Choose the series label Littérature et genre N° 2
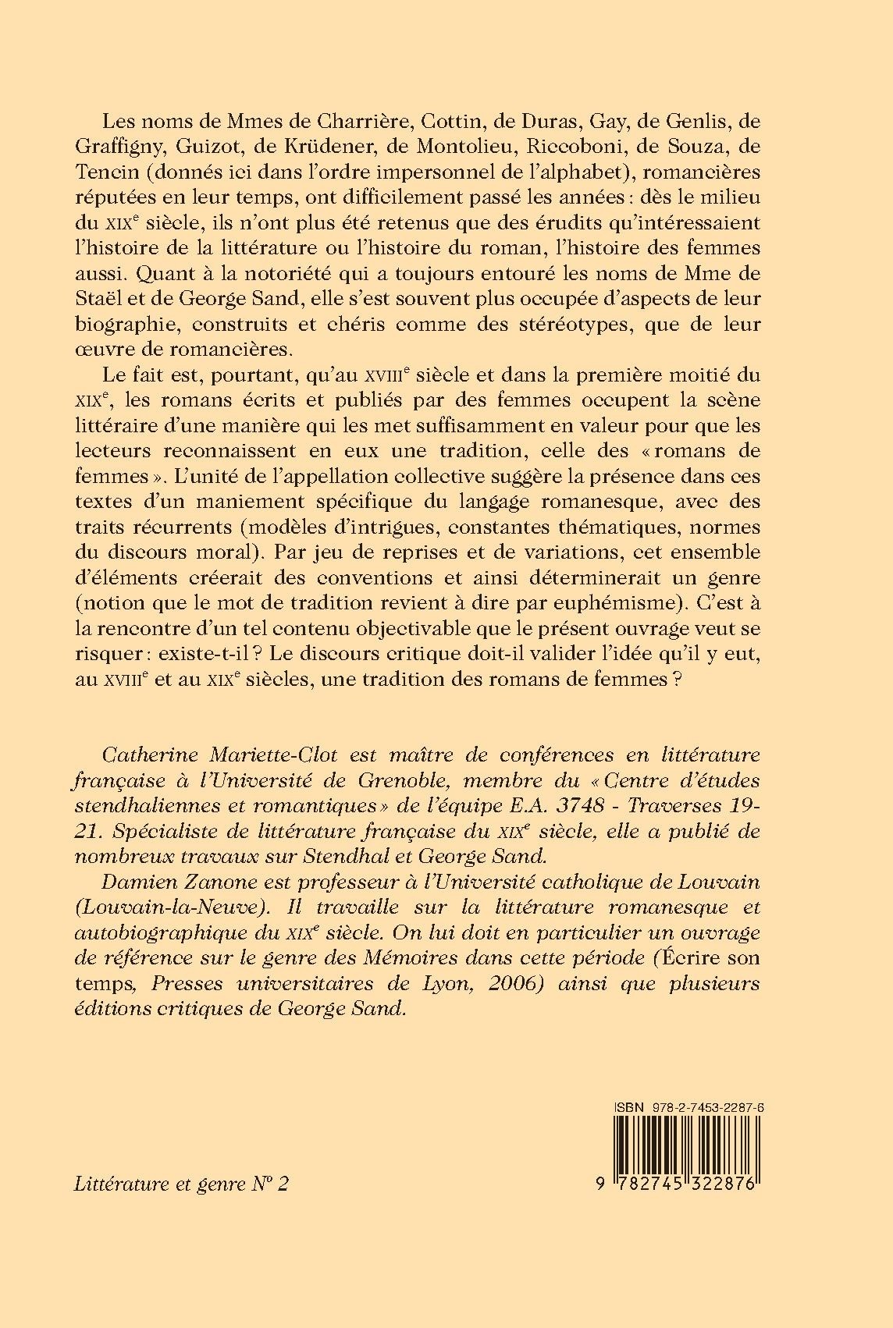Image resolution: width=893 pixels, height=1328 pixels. coord(182,1184)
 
